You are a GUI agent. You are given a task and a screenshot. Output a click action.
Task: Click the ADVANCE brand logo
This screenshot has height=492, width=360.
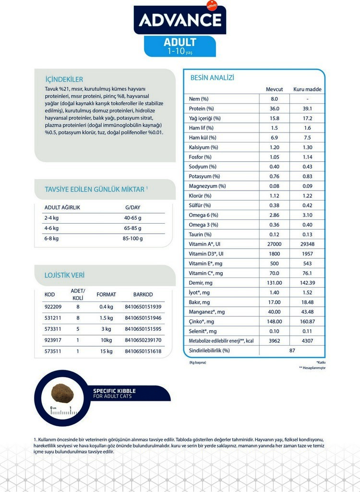[180, 20]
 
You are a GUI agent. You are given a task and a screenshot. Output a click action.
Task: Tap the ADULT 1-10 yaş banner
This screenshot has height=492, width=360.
[180, 46]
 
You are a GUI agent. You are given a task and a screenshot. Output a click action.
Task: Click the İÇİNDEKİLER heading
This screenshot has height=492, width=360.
[64, 79]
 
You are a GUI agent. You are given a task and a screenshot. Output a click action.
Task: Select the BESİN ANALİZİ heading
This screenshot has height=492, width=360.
[212, 78]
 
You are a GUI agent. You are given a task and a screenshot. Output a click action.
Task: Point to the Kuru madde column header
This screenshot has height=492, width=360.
[307, 89]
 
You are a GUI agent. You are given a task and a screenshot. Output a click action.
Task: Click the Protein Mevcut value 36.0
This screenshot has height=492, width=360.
[275, 108]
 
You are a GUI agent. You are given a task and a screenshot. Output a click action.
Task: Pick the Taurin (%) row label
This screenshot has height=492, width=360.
[200, 234]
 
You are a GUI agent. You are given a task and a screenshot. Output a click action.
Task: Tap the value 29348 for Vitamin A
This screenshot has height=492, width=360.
[307, 244]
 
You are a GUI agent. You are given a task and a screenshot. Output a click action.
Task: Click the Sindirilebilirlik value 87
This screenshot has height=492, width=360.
[292, 350]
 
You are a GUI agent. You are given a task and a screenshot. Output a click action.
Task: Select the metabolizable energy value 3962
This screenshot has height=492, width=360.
[275, 341]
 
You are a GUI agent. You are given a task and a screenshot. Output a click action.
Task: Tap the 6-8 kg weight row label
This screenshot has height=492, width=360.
[51, 238]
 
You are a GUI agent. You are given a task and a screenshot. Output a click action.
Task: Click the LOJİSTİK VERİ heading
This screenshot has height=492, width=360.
[64, 275]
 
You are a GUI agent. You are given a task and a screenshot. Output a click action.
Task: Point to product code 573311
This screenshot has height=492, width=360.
[53, 329]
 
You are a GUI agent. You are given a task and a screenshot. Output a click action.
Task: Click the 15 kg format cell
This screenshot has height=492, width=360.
[106, 351]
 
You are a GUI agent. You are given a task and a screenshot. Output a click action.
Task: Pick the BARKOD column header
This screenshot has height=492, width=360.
[143, 294]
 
